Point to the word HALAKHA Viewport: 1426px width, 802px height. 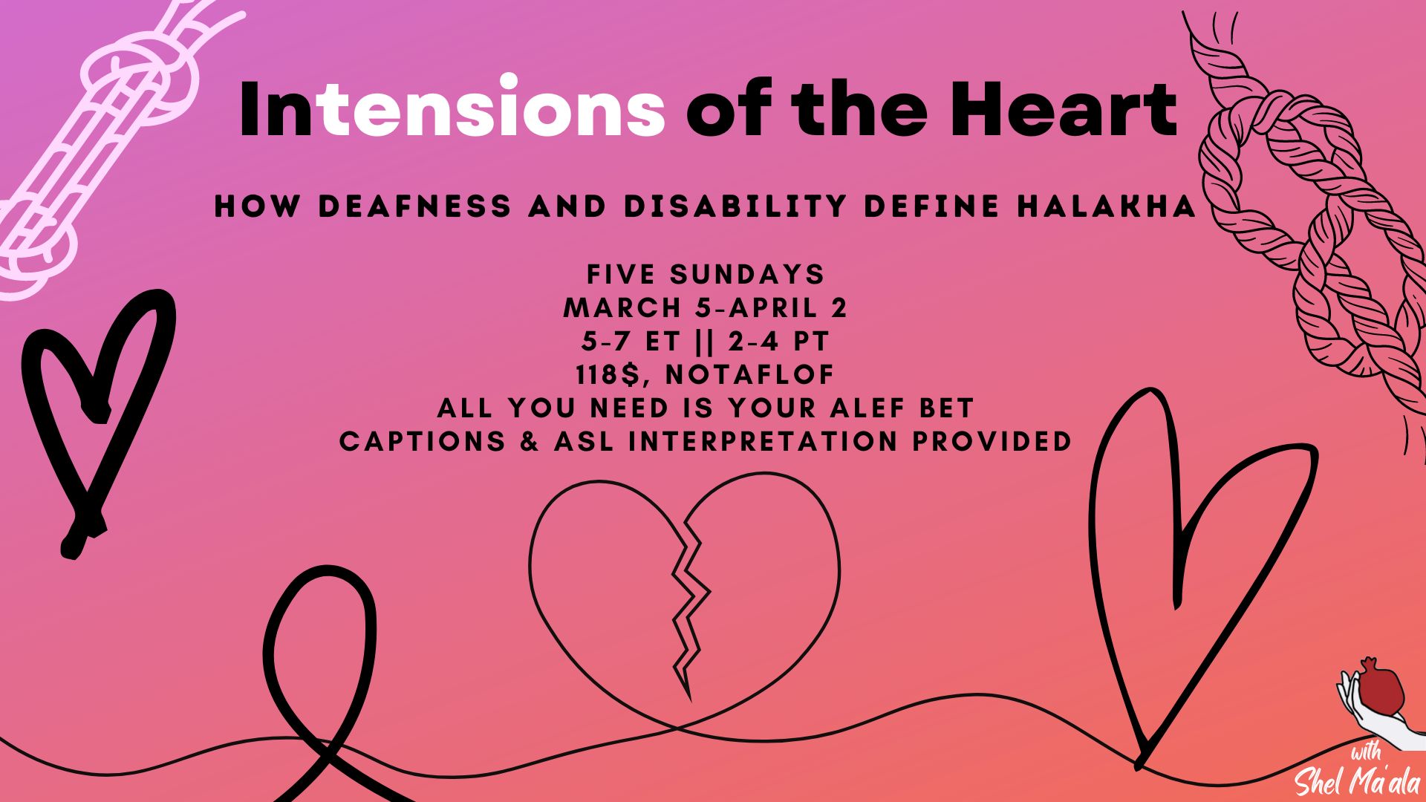pos(1107,206)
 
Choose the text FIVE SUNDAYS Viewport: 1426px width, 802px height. pos(706,275)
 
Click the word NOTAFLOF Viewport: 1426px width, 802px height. pos(750,375)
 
